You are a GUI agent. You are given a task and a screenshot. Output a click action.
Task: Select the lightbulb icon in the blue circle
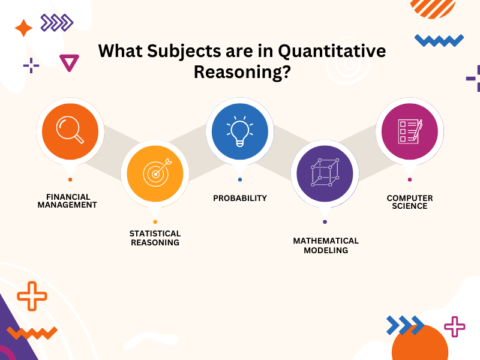[239, 133]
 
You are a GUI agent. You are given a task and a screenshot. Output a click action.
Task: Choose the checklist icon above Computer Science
[409, 133]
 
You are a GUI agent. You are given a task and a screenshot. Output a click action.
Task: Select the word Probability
[239, 198]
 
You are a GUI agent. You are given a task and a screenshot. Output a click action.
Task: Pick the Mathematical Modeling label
[324, 245]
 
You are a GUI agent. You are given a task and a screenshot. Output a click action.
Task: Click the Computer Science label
[409, 203]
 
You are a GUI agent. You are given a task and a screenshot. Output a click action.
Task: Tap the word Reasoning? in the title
[240, 76]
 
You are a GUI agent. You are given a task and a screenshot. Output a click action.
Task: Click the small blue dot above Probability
[239, 179]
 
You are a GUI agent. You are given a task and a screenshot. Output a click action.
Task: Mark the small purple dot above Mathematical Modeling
[324, 221]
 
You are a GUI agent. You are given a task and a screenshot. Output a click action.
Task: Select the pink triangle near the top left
[69, 63]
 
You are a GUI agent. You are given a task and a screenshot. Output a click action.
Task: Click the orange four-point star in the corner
[22, 28]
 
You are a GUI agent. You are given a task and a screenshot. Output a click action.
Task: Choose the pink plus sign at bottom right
[455, 325]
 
